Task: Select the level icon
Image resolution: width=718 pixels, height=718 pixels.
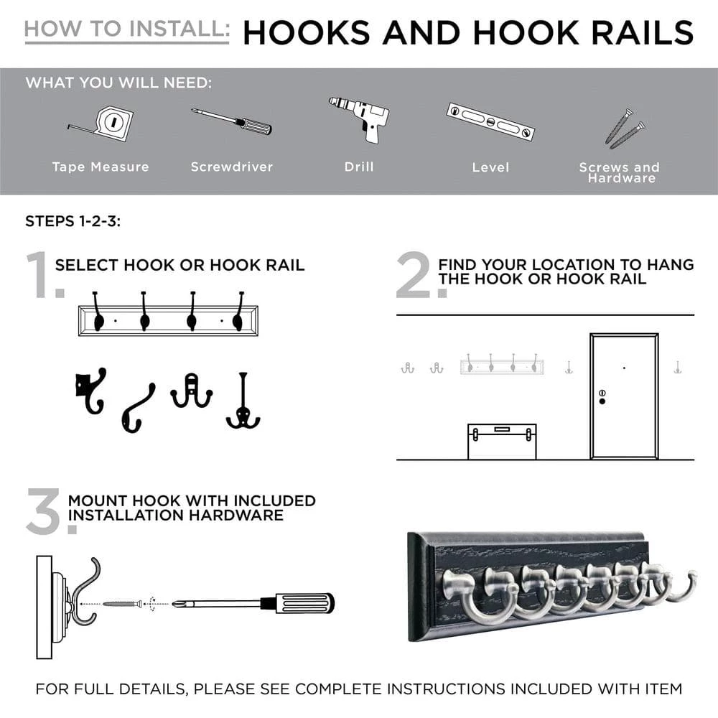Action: tap(491, 121)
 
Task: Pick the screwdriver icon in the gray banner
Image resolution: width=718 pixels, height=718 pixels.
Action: tap(231, 121)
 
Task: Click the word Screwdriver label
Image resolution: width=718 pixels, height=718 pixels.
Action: tap(231, 167)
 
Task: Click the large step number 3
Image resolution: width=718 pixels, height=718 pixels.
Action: tap(45, 510)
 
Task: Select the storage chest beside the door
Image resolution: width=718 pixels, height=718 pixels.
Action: tap(502, 441)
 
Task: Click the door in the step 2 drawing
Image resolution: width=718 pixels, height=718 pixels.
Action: tap(624, 395)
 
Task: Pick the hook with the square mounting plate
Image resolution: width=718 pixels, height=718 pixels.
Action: tap(89, 392)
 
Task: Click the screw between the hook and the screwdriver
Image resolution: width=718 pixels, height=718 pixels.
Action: tap(123, 604)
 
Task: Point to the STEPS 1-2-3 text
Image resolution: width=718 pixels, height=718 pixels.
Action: tap(73, 221)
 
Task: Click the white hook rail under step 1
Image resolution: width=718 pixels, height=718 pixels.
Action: tap(169, 320)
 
